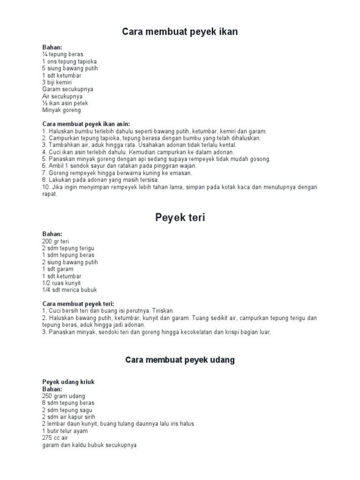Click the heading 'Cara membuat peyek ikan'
pyautogui.click(x=180, y=32)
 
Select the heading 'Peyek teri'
pyautogui.click(x=180, y=217)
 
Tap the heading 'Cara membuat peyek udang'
pyautogui.click(x=180, y=360)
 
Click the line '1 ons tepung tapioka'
pyautogui.click(x=69, y=61)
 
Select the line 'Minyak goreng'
pyautogui.click(x=61, y=110)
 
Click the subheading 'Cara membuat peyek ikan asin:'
pyautogui.click(x=86, y=124)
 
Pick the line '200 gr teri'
pyautogui.click(x=55, y=241)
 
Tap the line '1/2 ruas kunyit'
pyautogui.click(x=61, y=283)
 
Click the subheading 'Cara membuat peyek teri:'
pyautogui.click(x=78, y=304)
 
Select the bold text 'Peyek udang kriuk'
pyautogui.click(x=68, y=382)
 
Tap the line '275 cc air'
pyautogui.click(x=55, y=438)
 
